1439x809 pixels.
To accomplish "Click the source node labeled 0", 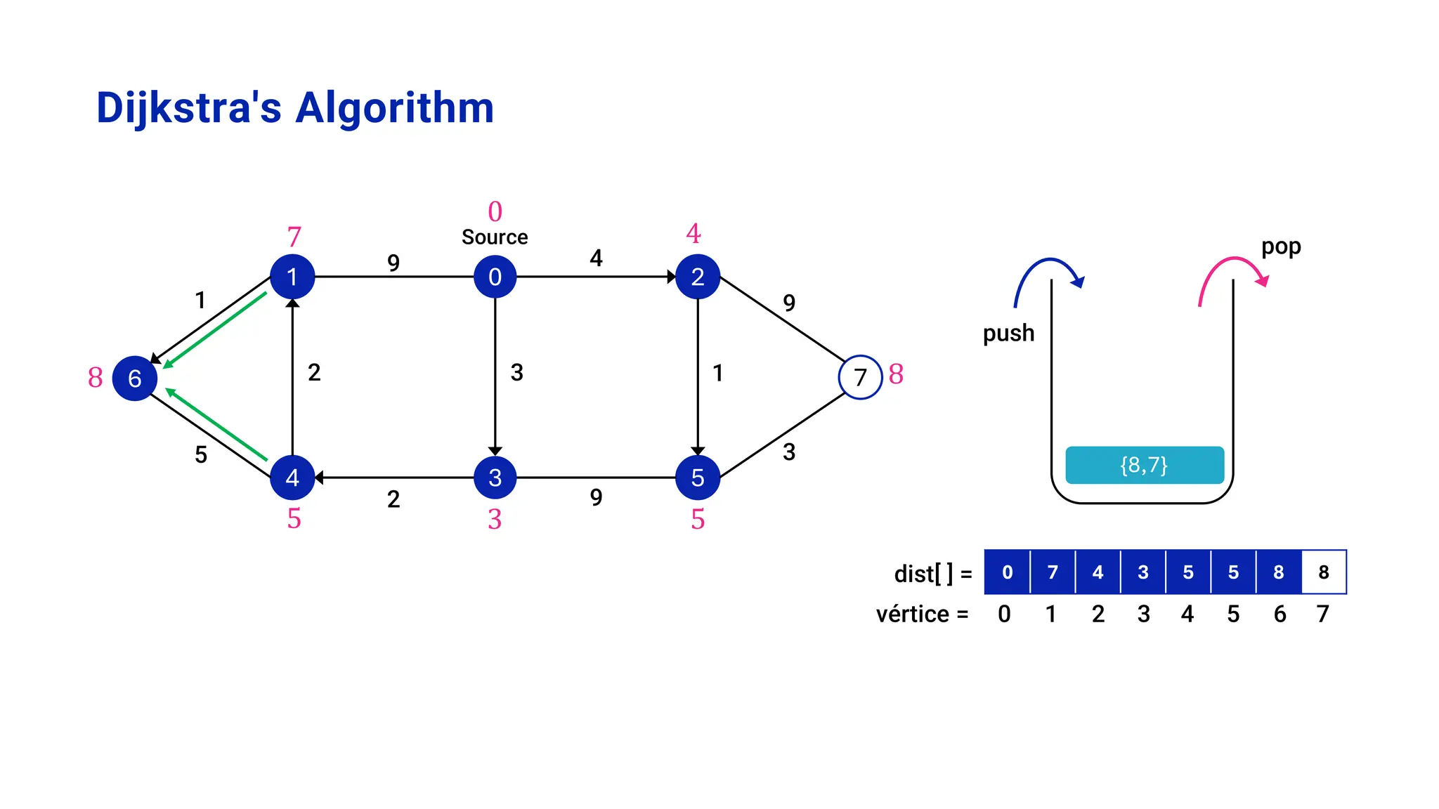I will click(495, 277).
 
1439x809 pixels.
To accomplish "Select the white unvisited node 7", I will click(860, 378).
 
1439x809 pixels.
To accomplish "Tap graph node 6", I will click(134, 378).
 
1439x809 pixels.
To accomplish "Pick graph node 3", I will click(495, 478).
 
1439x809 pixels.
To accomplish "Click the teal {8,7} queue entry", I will click(1144, 465).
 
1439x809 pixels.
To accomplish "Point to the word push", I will click(1008, 333).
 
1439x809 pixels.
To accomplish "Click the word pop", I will click(1280, 246).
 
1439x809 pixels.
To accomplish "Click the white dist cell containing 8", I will click(1324, 572).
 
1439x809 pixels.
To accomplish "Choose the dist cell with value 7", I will click(1053, 572).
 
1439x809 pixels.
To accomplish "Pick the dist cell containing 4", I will click(1098, 572).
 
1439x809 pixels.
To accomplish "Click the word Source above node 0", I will click(495, 237).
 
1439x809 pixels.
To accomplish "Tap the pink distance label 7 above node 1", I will click(294, 237).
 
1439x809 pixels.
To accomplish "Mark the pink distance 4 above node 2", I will click(694, 233).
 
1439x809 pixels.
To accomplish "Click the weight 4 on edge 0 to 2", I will click(596, 258).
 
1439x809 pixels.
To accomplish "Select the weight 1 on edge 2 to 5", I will click(717, 373).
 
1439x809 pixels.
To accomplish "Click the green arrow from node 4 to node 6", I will click(216, 424).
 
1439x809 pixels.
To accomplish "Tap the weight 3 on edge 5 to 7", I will click(789, 452).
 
